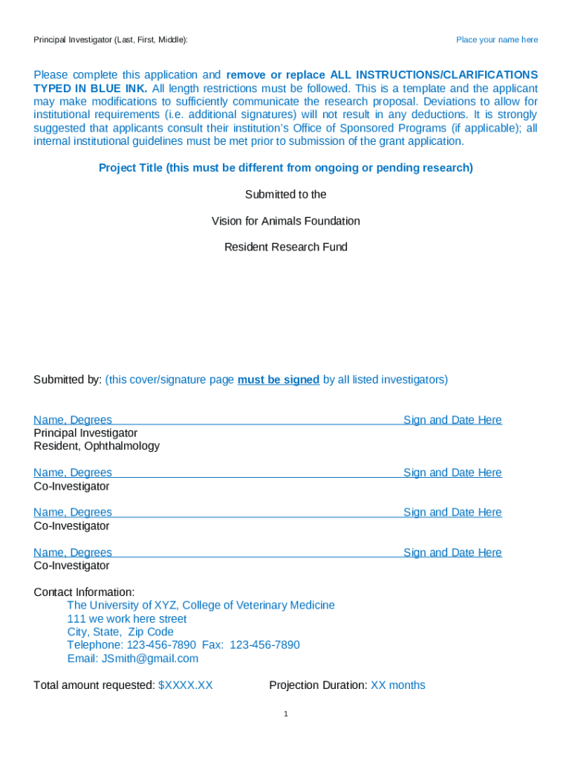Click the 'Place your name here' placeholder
[x=497, y=39]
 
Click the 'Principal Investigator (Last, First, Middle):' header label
[x=111, y=39]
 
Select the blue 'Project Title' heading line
[x=286, y=168]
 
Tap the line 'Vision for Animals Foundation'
[x=286, y=221]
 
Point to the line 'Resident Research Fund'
[x=286, y=247]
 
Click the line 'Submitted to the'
[x=286, y=194]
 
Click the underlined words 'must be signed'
[x=279, y=380]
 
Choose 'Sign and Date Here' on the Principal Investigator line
[x=452, y=420]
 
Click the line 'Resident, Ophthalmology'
[x=97, y=446]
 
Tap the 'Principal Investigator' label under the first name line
[x=85, y=433]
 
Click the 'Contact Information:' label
[x=84, y=592]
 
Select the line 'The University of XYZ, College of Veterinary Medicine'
[x=201, y=605]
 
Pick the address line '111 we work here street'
[x=127, y=619]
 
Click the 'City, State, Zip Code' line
[x=120, y=632]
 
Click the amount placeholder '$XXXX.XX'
[x=186, y=685]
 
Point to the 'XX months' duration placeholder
[x=398, y=685]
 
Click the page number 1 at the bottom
[x=285, y=714]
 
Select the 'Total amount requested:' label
[x=94, y=685]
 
